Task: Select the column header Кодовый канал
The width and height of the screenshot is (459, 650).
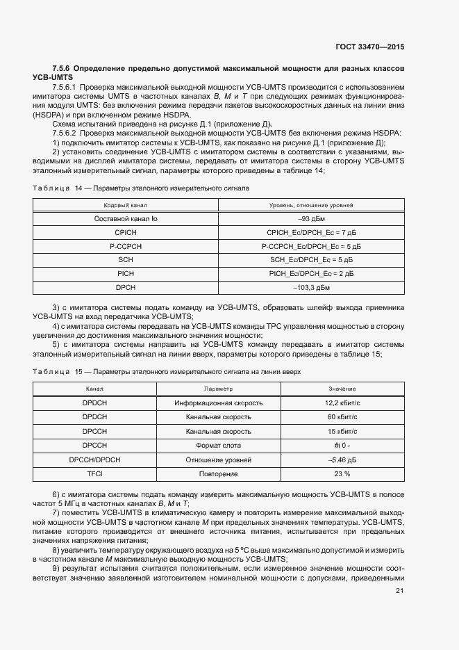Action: point(126,206)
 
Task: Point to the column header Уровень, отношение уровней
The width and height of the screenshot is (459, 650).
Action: point(311,206)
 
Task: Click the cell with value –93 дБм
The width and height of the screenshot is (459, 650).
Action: point(311,219)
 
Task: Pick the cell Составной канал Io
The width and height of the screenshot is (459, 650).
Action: point(126,219)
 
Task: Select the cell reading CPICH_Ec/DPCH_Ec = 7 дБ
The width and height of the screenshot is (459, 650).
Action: point(311,232)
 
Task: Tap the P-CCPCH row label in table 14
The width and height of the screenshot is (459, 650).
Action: point(126,246)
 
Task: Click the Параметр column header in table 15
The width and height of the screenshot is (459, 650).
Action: point(218,389)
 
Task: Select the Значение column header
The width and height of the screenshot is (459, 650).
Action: point(342,389)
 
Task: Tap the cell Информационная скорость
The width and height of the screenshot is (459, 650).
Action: point(218,403)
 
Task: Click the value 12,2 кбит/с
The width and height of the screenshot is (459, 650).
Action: point(342,403)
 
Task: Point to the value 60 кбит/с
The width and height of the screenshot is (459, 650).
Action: point(342,417)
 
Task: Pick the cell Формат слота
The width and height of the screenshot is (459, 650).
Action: point(218,445)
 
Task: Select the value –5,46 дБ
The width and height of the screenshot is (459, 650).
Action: point(342,460)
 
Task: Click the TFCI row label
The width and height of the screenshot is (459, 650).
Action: point(94,473)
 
